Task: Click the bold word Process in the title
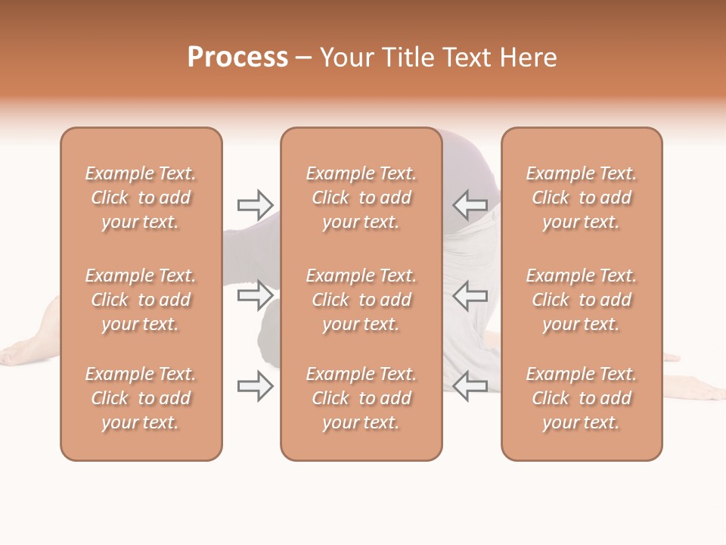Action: tap(237, 58)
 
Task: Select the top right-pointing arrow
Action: tap(255, 204)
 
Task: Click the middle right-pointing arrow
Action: tap(255, 294)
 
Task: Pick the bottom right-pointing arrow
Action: tap(255, 386)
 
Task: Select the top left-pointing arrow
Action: tap(470, 204)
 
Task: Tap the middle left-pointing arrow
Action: tap(470, 294)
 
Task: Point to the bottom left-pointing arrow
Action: tap(470, 386)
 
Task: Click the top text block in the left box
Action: tap(141, 198)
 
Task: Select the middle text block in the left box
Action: tap(141, 300)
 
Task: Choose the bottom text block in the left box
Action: tap(141, 398)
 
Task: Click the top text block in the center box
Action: tap(361, 198)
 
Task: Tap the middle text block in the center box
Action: tap(361, 300)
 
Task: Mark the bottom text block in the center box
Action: tap(361, 398)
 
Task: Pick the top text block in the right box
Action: tap(581, 198)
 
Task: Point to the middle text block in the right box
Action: tap(581, 300)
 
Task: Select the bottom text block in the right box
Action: tap(581, 398)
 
